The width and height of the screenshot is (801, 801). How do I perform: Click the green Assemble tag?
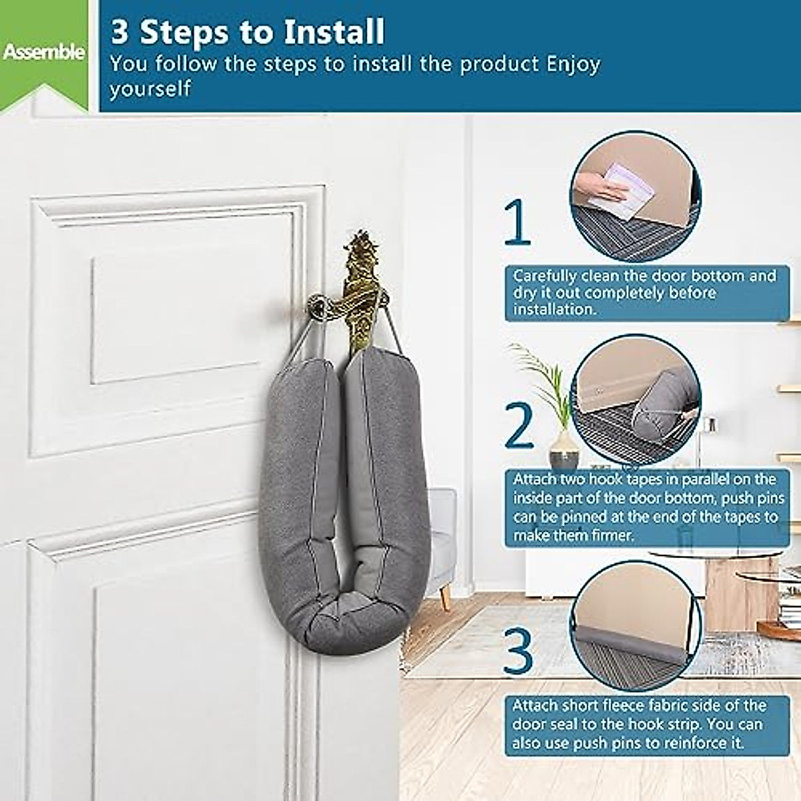point(43,52)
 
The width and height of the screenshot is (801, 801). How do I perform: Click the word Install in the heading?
point(334,31)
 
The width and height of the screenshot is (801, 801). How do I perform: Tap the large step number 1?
point(517,223)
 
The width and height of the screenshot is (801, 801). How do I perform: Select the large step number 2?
point(519,425)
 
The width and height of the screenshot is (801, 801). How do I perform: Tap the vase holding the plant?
point(564,450)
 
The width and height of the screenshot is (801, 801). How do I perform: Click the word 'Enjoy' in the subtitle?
point(573,64)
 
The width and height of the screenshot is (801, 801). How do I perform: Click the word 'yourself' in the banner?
point(150,89)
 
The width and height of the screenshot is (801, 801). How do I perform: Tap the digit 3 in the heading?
point(119,31)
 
